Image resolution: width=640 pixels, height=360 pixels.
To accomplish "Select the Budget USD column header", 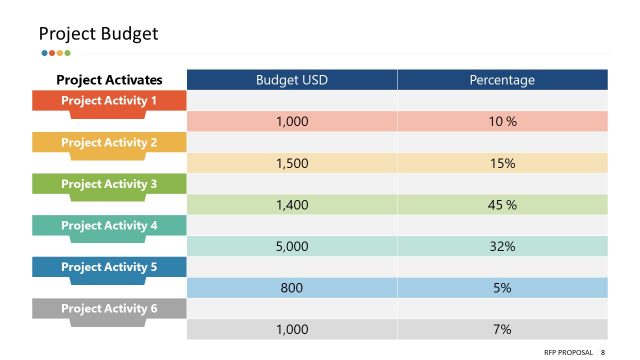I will coord(291,80).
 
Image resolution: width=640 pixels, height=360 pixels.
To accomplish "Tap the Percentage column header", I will coord(502,80).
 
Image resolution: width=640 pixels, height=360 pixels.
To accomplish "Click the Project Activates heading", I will coord(109,80).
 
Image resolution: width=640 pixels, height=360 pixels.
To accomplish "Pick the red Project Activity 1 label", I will coord(109,101).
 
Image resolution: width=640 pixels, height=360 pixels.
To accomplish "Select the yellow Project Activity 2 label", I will coord(109,143).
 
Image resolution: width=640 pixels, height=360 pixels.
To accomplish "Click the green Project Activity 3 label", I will coord(109,184).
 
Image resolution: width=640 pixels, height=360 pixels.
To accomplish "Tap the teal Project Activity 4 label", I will coord(109,226).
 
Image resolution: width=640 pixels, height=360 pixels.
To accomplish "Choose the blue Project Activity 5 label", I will coord(109,267).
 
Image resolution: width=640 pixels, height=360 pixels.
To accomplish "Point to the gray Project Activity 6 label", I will coord(109,309).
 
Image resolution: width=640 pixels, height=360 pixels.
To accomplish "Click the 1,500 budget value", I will coord(291,163).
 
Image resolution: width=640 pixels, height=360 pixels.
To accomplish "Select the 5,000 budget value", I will coord(291,246).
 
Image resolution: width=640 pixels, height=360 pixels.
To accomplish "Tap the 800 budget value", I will coord(291,288).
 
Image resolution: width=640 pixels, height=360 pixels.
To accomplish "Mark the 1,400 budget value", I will coord(291,205).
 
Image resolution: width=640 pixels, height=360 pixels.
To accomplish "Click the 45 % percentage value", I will coord(502,205).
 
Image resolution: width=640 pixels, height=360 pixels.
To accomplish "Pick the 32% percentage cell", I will coord(502,246).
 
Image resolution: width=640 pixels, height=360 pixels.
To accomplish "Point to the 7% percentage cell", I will coord(502,329).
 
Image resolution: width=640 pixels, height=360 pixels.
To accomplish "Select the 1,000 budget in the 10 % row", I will coord(291,122).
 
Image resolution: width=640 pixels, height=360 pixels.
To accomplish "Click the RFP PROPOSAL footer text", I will coord(570,352).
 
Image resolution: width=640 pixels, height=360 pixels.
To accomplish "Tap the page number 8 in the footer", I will coord(603,352).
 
